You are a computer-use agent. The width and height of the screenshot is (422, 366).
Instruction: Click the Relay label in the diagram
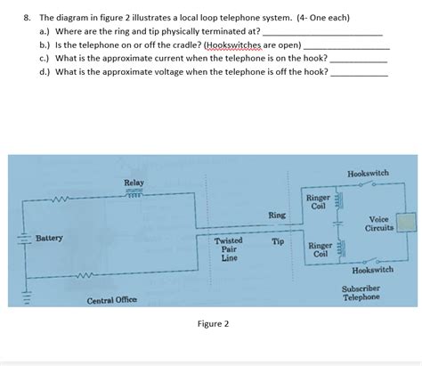coord(134,183)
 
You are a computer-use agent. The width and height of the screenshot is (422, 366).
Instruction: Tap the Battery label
coord(49,239)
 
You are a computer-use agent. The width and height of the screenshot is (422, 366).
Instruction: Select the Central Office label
coord(111,300)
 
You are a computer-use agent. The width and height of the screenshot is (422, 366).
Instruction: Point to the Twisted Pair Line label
coord(229,249)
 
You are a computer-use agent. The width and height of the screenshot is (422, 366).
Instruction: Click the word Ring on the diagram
coord(277,216)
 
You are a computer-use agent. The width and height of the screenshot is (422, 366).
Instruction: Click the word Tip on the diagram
coord(277,241)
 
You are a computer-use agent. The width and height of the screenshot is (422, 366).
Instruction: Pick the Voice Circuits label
coord(378,224)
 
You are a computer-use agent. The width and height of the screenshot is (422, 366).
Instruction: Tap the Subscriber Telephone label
coord(361,293)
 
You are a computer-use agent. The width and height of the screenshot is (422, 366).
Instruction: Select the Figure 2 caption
coord(213,323)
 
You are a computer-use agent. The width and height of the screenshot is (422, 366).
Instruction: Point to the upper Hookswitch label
coord(368,172)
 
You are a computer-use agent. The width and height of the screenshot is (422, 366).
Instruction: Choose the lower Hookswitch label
coord(372,269)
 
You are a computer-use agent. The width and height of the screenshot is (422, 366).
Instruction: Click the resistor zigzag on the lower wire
coord(87,276)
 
